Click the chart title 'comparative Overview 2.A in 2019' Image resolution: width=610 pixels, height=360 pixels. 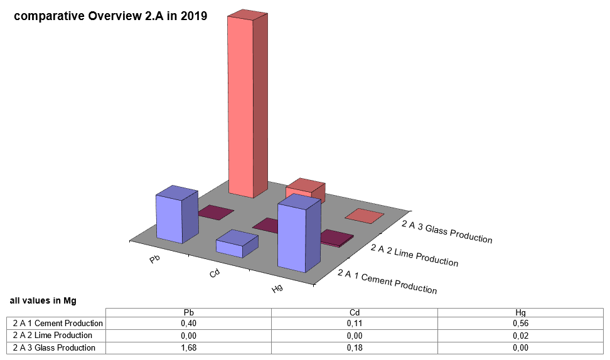pyautogui.click(x=110, y=16)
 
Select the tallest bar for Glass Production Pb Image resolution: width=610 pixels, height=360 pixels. pyautogui.click(x=241, y=107)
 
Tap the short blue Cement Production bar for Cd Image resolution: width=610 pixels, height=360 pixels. pyautogui.click(x=230, y=246)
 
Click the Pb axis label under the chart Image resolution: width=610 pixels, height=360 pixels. pyautogui.click(x=154, y=258)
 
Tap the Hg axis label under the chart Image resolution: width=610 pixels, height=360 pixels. pyautogui.click(x=277, y=289)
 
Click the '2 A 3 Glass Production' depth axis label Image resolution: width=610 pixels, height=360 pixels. pyautogui.click(x=447, y=231)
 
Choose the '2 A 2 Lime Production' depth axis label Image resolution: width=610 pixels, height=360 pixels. pyautogui.click(x=414, y=255)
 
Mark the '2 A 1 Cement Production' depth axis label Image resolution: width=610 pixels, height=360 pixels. pyautogui.click(x=387, y=282)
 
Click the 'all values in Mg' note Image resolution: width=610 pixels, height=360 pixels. pyautogui.click(x=43, y=301)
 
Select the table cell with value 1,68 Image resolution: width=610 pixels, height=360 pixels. pyautogui.click(x=188, y=347)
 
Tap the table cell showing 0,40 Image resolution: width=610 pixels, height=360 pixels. pyautogui.click(x=188, y=324)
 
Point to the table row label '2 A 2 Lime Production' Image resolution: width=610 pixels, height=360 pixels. pyautogui.click(x=53, y=336)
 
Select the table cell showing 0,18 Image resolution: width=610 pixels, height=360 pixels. pyautogui.click(x=354, y=347)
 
